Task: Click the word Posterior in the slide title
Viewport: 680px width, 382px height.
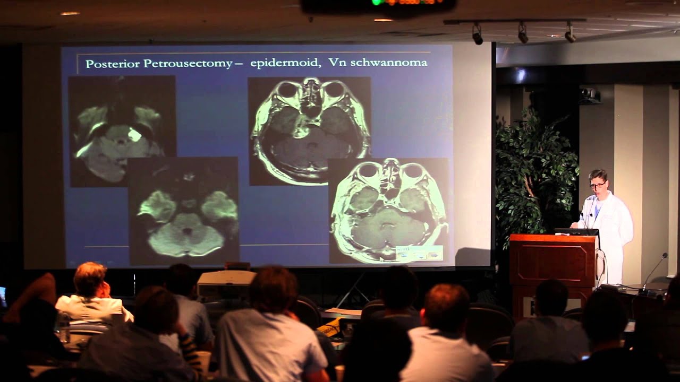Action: pos(113,64)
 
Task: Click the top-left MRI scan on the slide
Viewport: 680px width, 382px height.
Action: pos(122,130)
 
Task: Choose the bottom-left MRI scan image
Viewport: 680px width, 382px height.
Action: pos(183,211)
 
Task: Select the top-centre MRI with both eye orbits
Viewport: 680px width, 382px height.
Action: pos(309,130)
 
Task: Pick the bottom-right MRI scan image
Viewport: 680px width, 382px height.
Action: pos(388,210)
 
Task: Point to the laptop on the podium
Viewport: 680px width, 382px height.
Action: pos(577,232)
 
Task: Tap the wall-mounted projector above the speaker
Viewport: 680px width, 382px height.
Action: pos(590,95)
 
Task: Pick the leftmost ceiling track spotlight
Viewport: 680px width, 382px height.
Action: pos(477,35)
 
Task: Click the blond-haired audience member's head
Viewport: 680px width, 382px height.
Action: pos(90,279)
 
